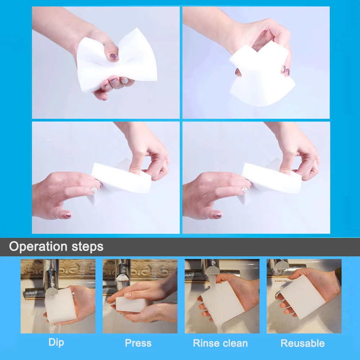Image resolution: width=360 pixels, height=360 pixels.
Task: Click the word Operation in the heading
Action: point(38,247)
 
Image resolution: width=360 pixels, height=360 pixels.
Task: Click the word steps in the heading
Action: point(86,247)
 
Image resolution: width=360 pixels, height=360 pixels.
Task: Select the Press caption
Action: point(138,343)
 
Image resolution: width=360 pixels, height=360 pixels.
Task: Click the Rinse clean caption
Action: point(220,343)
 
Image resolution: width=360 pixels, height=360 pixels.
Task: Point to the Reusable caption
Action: point(302,343)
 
